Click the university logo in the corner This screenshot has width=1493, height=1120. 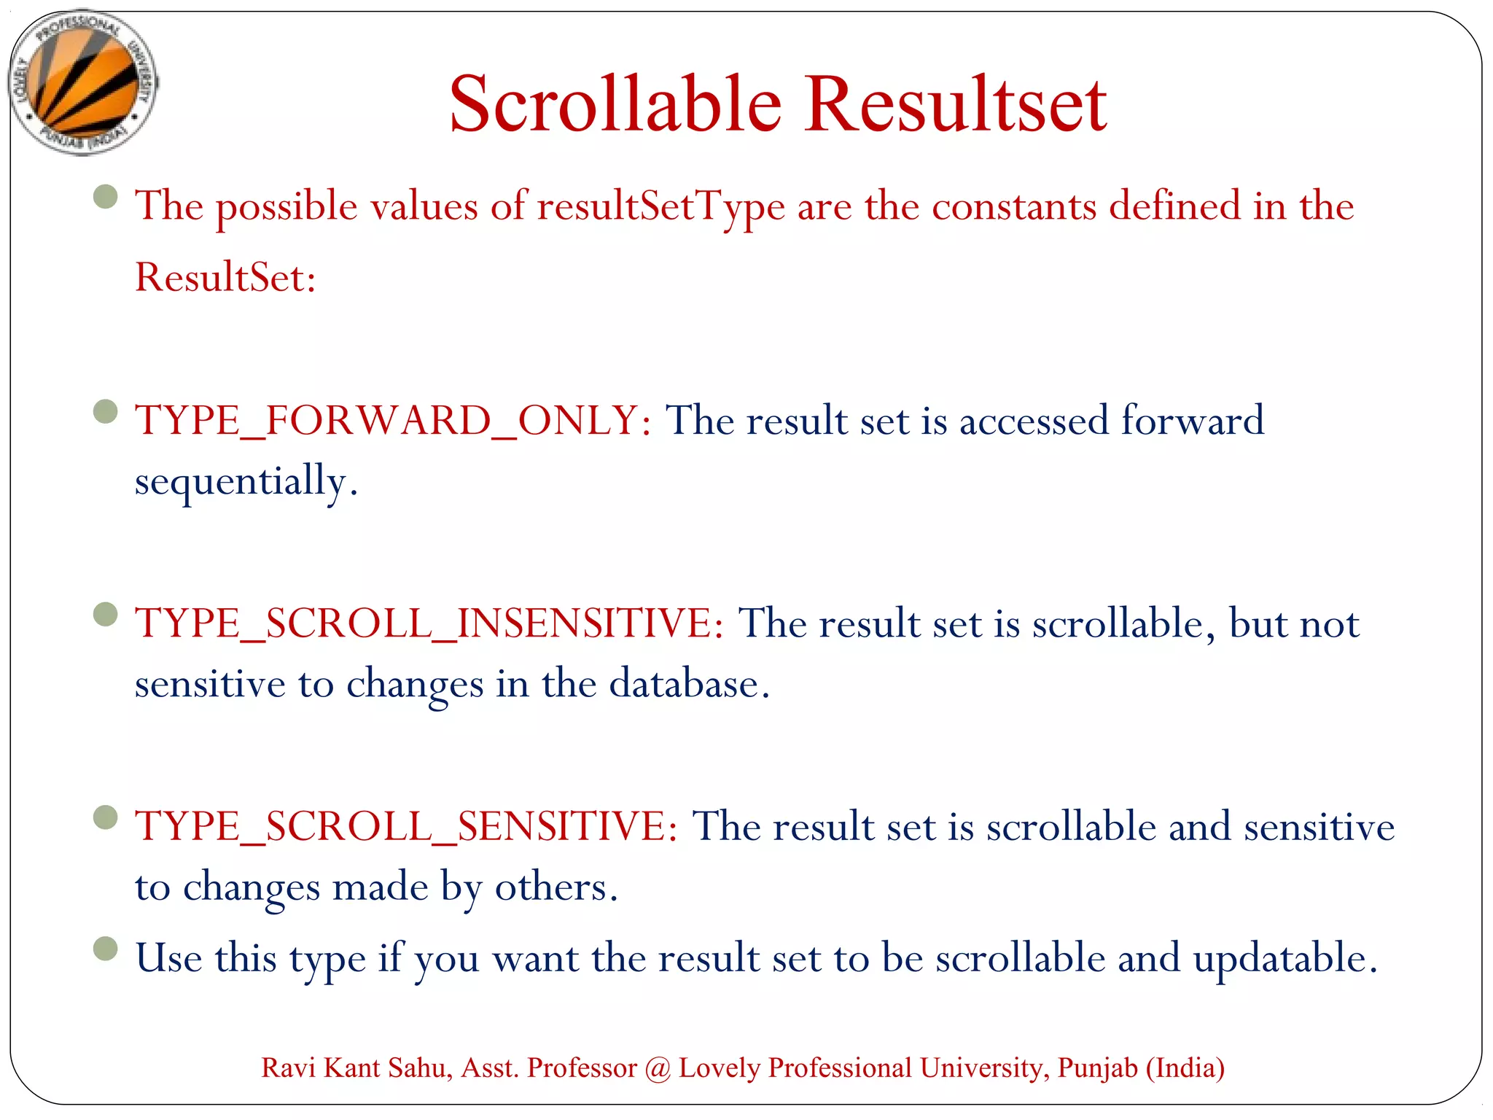(83, 82)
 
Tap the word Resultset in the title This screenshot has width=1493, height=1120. (956, 104)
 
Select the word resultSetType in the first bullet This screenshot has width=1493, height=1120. (660, 207)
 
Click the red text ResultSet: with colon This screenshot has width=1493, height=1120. (225, 278)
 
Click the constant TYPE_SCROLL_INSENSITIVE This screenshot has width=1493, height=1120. (428, 623)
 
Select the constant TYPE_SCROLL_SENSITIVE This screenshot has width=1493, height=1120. (405, 826)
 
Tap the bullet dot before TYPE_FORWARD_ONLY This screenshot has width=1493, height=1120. (106, 412)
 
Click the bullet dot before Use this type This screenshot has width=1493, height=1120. (106, 949)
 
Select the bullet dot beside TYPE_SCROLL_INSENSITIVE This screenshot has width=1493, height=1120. (106, 615)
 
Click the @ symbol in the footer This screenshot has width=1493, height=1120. (658, 1068)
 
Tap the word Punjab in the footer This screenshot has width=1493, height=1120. (1097, 1068)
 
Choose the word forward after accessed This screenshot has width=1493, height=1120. (1192, 421)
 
